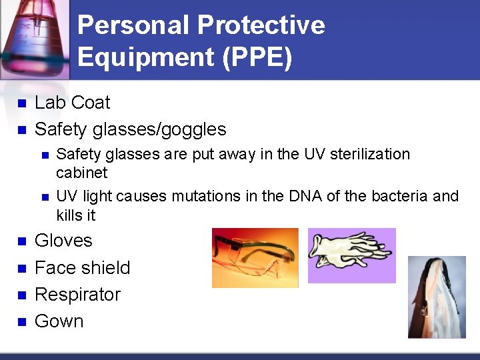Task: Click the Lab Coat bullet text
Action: (72, 103)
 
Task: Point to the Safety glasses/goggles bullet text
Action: (130, 129)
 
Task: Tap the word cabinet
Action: (81, 173)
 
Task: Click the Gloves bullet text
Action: (63, 241)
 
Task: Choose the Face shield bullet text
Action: (82, 267)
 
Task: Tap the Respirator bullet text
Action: (77, 294)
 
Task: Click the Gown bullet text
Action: (59, 321)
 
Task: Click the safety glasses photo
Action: (255, 258)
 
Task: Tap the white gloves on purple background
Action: (351, 255)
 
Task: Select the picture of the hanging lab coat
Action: (437, 297)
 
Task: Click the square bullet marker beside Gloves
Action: (21, 241)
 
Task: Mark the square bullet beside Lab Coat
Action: (21, 103)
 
